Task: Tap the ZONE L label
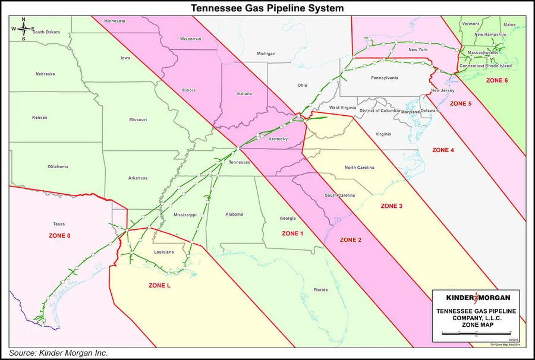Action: click(159, 286)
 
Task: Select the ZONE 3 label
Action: click(392, 206)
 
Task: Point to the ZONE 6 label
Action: click(498, 80)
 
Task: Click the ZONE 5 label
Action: click(461, 103)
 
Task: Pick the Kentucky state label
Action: click(278, 139)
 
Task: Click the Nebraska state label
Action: click(45, 74)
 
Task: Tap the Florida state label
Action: click(320, 290)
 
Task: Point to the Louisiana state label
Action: click(163, 252)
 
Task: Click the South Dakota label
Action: click(48, 32)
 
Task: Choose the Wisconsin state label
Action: click(191, 39)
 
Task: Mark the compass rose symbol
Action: click(23, 29)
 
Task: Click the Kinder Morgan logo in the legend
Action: click(474, 298)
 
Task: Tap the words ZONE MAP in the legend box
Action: click(474, 326)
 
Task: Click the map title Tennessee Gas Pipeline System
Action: click(267, 8)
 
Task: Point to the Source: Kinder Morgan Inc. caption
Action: click(58, 353)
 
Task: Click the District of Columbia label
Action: click(379, 111)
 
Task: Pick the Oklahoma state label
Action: click(58, 166)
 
